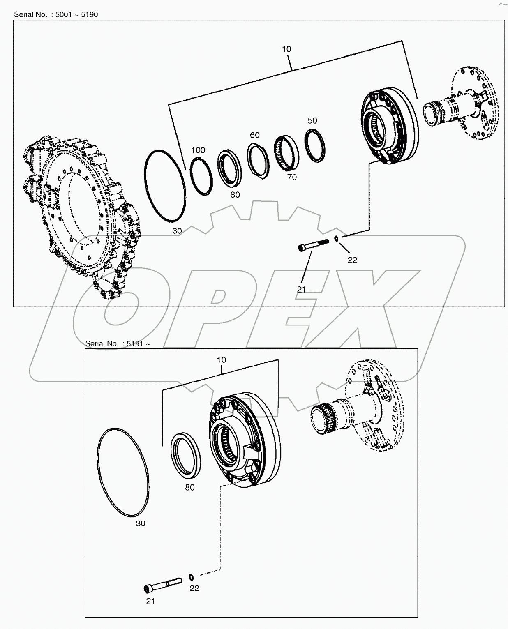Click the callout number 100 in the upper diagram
198,150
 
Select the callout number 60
254,135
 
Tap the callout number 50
312,120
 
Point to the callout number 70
292,177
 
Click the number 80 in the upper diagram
235,195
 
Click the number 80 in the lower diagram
189,488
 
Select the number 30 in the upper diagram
177,231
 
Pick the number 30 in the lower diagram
141,524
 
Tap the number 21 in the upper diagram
301,289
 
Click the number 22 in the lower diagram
194,588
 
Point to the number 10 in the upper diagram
286,49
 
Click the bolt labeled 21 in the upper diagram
313,245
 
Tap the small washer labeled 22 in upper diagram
336,238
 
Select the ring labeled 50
316,145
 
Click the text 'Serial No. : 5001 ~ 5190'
56,14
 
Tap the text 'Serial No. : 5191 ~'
115,343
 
